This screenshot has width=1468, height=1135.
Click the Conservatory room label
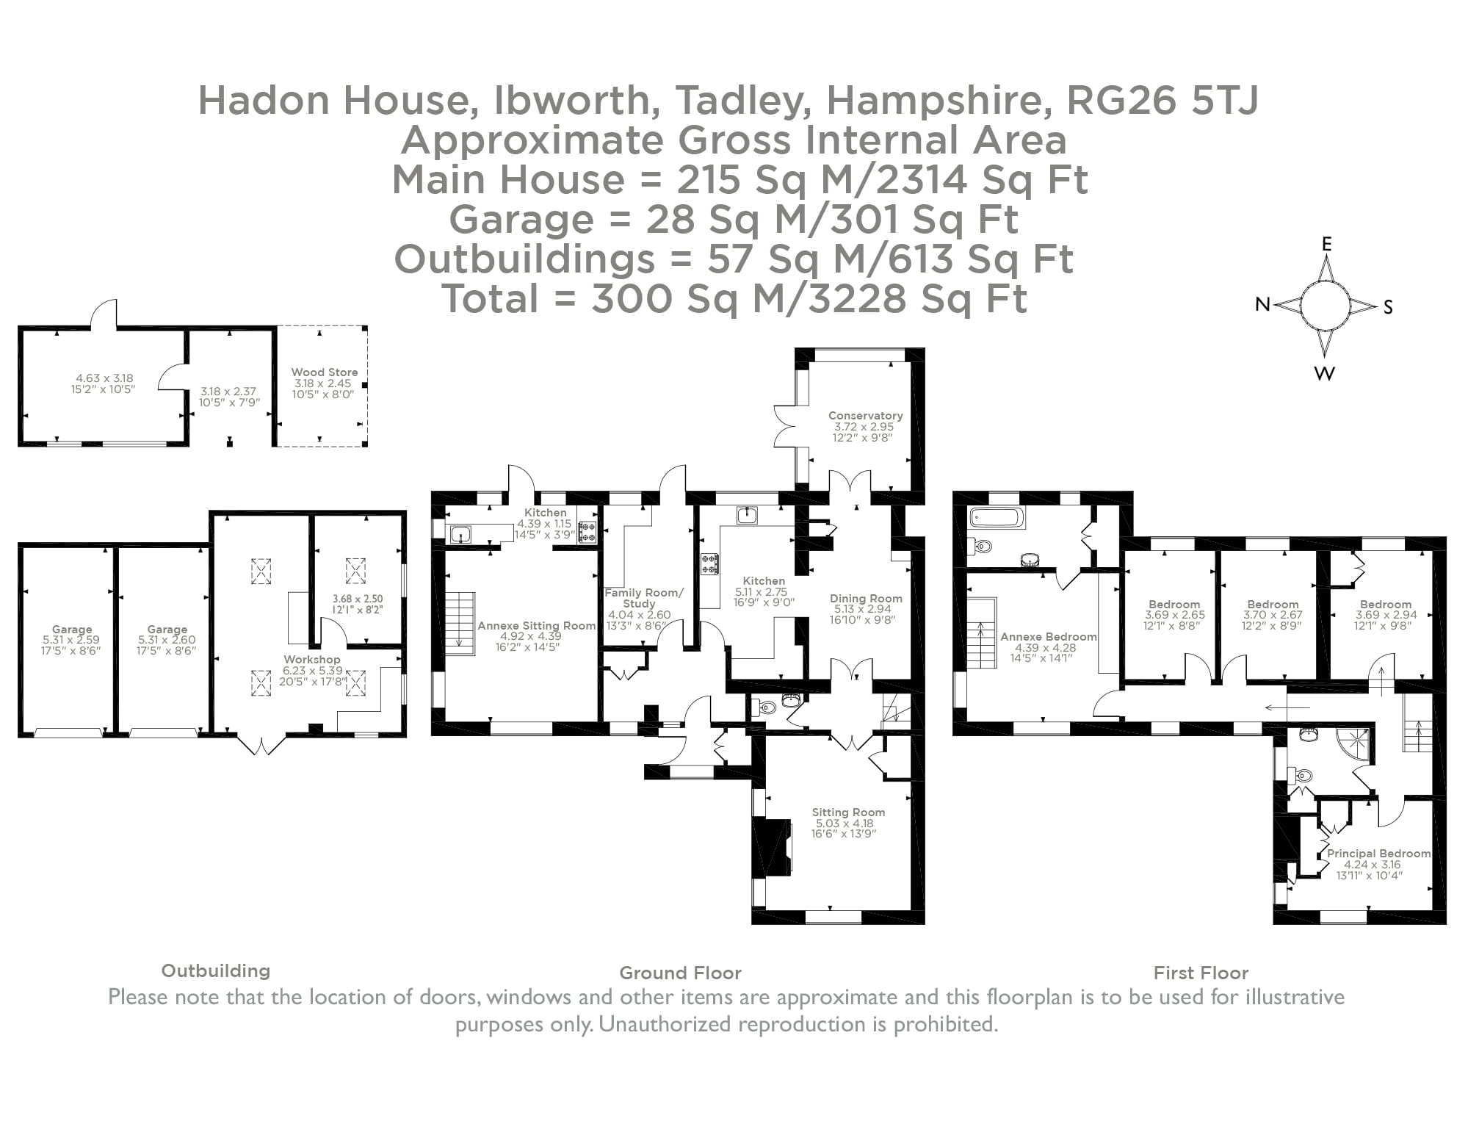865,415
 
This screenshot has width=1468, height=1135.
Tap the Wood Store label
324,372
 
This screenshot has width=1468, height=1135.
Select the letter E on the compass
1326,245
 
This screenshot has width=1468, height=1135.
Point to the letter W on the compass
1324,374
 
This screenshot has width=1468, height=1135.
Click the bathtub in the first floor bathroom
997,518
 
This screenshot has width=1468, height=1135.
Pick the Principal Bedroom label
1378,854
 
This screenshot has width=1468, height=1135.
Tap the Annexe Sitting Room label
536,626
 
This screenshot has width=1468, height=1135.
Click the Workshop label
312,660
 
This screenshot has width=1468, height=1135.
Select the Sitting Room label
848,812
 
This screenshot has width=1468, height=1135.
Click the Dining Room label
866,599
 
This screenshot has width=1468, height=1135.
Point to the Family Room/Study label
643,598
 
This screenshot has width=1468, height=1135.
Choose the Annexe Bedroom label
1048,637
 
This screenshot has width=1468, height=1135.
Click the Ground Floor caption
680,973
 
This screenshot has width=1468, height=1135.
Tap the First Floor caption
1201,973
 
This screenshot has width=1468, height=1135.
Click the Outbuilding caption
215,971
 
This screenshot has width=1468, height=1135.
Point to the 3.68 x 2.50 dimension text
358,599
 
